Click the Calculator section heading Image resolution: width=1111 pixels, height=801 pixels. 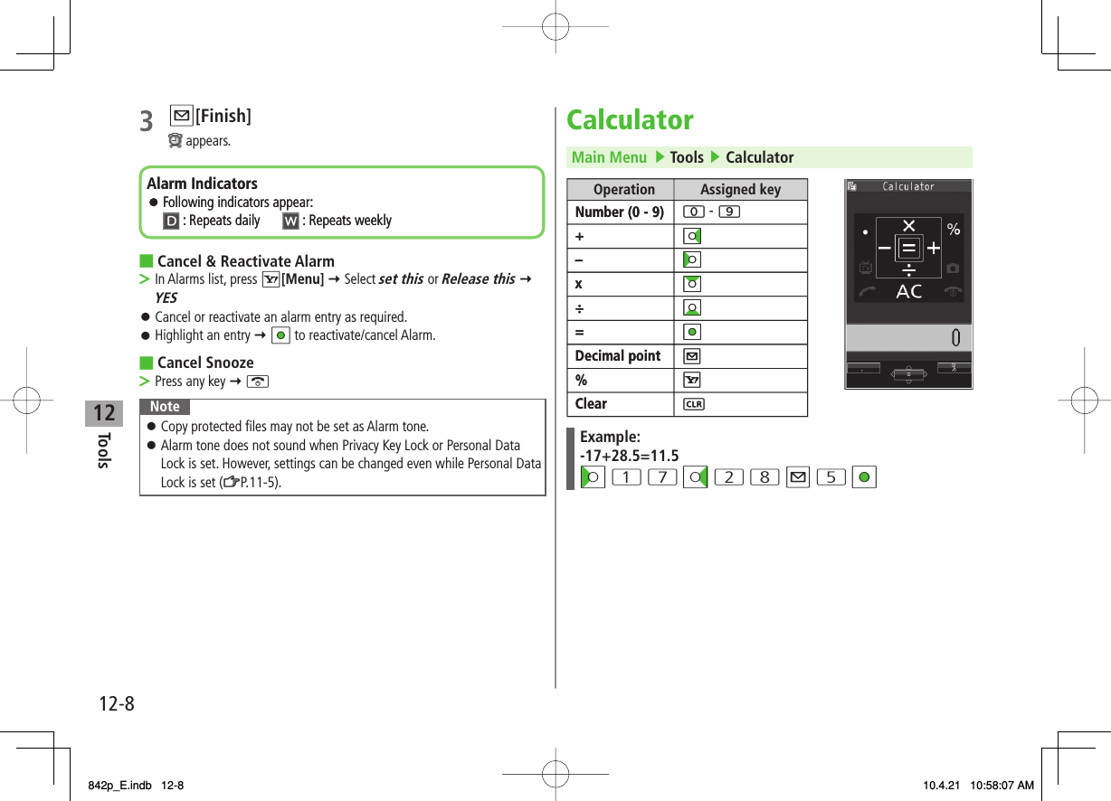tap(630, 120)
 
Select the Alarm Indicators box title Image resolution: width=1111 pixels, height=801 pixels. tap(202, 184)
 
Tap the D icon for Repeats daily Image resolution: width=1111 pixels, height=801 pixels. tap(170, 221)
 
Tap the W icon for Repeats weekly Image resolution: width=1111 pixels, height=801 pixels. tap(290, 221)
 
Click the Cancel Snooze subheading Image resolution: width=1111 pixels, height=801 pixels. tap(205, 363)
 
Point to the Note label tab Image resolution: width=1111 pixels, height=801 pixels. tap(165, 407)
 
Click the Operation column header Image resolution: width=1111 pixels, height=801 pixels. tap(623, 189)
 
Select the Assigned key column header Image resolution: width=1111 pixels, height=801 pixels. tap(740, 189)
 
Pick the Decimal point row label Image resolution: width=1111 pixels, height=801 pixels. tap(618, 356)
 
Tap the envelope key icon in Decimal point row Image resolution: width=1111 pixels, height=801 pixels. tap(693, 356)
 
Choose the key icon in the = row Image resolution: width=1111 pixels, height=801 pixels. tap(693, 332)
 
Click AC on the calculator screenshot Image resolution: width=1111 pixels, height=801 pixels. tap(908, 291)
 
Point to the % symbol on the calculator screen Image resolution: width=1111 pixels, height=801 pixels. tap(954, 230)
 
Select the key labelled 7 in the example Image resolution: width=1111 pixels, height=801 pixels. tap(662, 477)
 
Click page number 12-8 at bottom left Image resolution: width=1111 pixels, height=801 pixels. tap(116, 703)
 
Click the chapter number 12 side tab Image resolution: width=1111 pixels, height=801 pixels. tap(104, 414)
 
